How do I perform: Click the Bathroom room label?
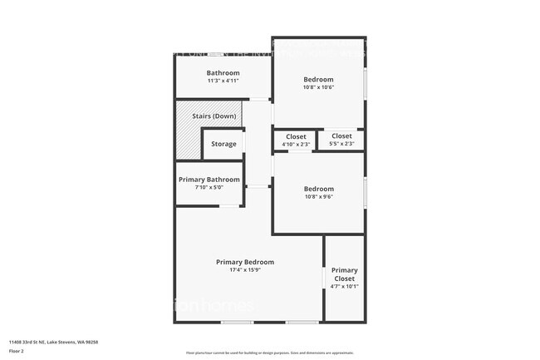[x=223, y=73]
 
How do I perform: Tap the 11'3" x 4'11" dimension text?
[x=223, y=81]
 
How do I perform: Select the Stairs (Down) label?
[x=214, y=116]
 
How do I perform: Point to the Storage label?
[x=223, y=144]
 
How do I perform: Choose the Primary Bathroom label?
[x=209, y=179]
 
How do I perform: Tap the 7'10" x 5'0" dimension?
[x=209, y=187]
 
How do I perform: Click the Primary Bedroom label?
[x=245, y=262]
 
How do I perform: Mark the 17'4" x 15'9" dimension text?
[x=245, y=269]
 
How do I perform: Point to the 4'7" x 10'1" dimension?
[x=345, y=286]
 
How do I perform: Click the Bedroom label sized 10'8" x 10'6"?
[x=319, y=79]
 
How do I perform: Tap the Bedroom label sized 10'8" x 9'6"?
[x=319, y=189]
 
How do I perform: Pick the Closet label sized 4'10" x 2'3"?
[x=296, y=136]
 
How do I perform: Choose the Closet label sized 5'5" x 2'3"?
[x=341, y=136]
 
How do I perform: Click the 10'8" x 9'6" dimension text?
[x=319, y=196]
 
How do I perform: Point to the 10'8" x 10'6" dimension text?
[x=319, y=86]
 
